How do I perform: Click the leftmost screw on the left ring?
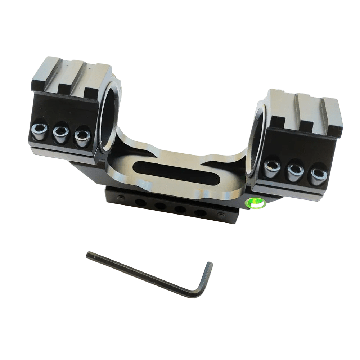(x=40, y=130)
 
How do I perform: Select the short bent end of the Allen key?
(x=206, y=277)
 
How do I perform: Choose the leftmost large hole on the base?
(x=141, y=203)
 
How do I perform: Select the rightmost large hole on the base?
(x=201, y=212)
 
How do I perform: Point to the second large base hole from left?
(x=160, y=206)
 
